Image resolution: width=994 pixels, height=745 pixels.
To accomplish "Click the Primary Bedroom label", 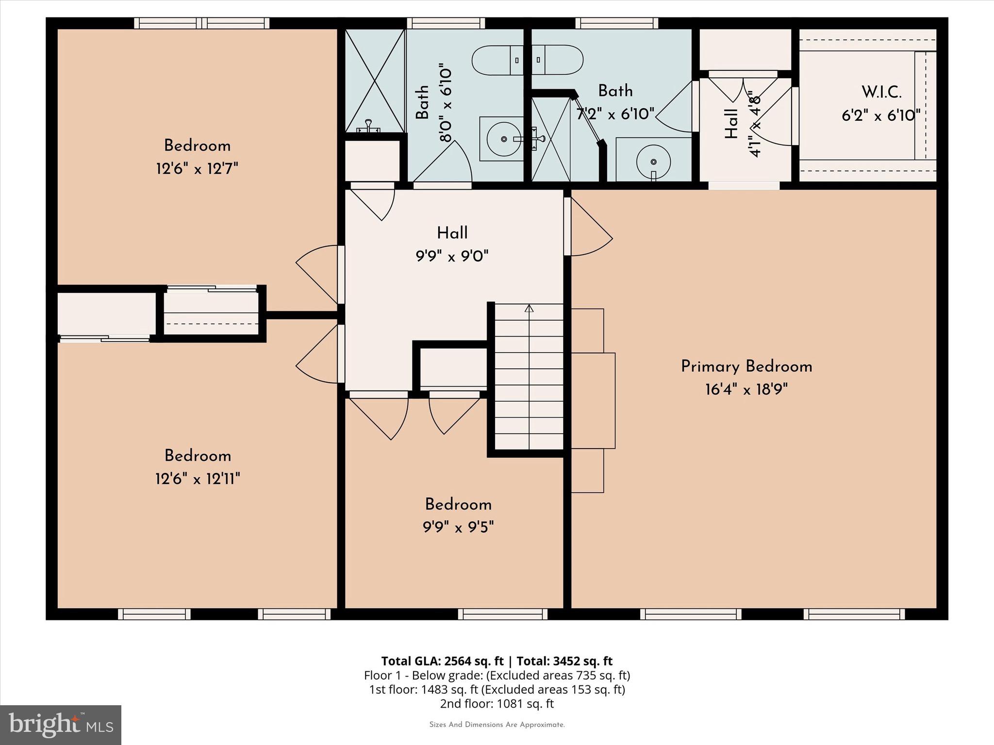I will click(x=746, y=367).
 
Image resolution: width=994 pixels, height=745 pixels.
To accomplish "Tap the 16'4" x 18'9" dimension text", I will click(x=746, y=389).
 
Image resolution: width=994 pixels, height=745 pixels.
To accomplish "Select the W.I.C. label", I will click(x=881, y=92).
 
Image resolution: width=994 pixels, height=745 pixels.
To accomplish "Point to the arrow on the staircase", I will click(x=529, y=308).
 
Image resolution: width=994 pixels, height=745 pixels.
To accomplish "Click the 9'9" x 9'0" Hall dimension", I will click(x=452, y=256).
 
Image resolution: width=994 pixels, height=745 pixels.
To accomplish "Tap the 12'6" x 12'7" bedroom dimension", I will click(x=197, y=169).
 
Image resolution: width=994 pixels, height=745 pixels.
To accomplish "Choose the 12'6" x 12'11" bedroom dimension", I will click(x=198, y=479).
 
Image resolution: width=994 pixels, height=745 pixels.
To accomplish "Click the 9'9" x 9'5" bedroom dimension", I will click(x=458, y=527).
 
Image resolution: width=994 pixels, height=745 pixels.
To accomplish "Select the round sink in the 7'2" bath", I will click(x=653, y=161).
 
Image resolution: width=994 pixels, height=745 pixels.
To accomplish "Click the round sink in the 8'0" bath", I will click(x=504, y=139).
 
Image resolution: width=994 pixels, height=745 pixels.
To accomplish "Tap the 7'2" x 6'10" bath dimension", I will click(x=615, y=114).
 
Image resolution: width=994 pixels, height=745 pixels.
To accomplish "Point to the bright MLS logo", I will click(x=60, y=725).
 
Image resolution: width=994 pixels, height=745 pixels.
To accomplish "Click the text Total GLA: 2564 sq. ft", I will click(x=442, y=661).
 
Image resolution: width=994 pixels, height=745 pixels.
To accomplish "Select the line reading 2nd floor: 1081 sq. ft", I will click(x=497, y=703).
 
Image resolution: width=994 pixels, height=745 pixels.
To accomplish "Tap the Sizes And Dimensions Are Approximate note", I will click(x=497, y=725).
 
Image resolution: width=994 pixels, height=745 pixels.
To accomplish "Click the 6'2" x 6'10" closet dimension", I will click(x=881, y=115).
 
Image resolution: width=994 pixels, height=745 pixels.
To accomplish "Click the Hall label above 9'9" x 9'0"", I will click(x=452, y=233).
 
